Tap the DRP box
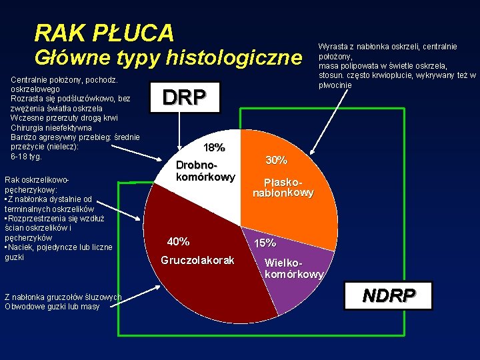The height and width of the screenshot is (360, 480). tap(185, 97)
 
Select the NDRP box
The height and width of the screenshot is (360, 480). tap(389, 295)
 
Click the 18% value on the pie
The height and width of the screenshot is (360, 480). tap(214, 147)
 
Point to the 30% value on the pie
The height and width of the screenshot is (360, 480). tap(276, 160)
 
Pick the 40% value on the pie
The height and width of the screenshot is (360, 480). tap(178, 241)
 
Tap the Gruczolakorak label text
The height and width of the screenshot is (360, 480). tap(197, 260)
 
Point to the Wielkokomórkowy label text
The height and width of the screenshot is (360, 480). tap(294, 268)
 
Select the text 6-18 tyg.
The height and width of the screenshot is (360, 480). tap(27, 157)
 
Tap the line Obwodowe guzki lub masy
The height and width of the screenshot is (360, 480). tap(51, 307)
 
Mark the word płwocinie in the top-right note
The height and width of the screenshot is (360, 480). tap(335, 85)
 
